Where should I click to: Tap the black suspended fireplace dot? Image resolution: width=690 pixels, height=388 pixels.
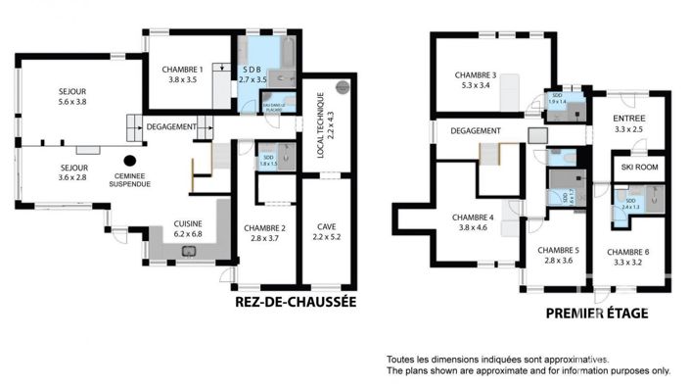click(129, 160)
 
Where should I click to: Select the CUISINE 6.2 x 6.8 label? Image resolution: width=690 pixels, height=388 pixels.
click(188, 228)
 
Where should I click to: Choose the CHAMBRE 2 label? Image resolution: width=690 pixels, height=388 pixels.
click(263, 233)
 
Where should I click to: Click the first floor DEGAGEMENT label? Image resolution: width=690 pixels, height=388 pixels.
click(476, 130)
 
